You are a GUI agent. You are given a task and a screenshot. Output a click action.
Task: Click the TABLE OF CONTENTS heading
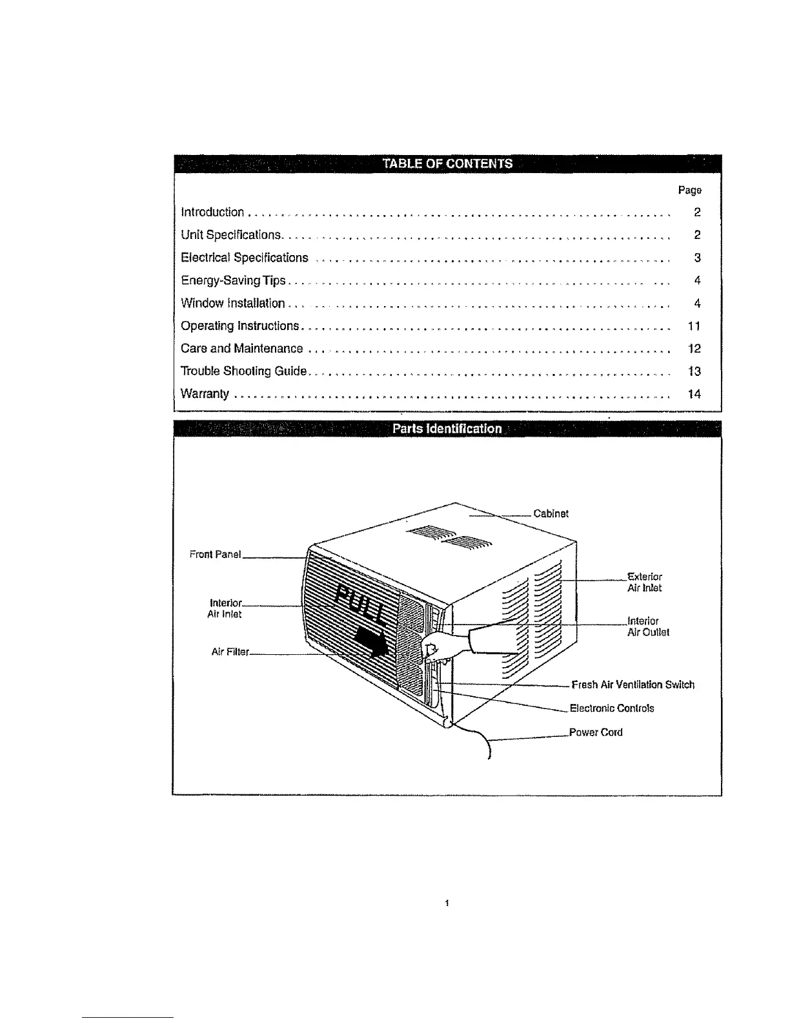(447, 164)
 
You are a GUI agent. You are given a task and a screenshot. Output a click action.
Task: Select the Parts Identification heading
(447, 429)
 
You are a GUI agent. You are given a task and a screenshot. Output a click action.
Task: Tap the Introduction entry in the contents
(212, 212)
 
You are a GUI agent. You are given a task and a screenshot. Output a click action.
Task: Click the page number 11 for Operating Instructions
(694, 326)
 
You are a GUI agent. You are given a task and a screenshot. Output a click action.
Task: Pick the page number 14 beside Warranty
(694, 394)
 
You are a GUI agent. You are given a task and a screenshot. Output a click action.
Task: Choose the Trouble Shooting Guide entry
(243, 371)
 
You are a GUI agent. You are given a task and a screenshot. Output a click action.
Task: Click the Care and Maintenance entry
(241, 349)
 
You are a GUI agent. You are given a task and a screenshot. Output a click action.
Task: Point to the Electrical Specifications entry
(245, 258)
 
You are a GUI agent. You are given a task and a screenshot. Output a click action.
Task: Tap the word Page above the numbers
(689, 191)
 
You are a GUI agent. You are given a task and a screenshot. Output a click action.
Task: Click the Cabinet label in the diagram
(551, 514)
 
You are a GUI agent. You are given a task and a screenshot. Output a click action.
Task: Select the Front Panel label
(215, 554)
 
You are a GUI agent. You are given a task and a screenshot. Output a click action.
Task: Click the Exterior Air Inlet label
(644, 582)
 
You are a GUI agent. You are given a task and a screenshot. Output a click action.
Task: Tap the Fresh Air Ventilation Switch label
(633, 685)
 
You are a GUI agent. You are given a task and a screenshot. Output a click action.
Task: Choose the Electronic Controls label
(611, 708)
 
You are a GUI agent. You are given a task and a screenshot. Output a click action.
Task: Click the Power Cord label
(596, 732)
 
